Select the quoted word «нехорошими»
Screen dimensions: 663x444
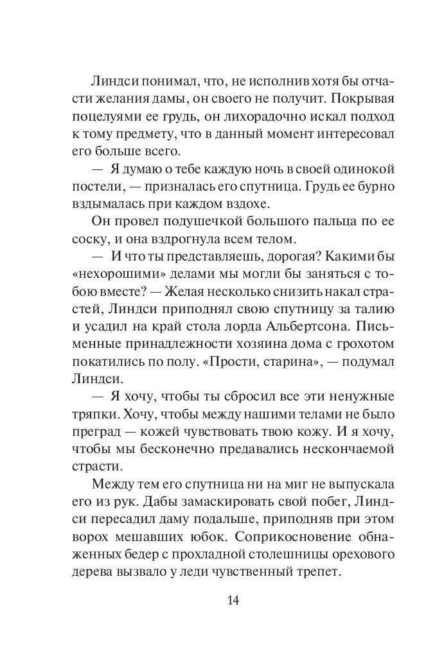point(125,273)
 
